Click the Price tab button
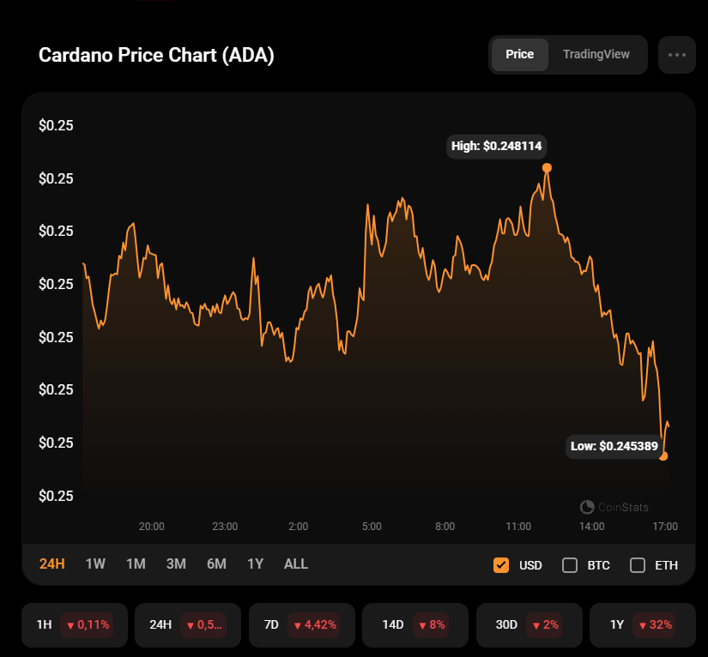[x=519, y=54]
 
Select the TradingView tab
[x=596, y=54]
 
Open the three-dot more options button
[x=676, y=55]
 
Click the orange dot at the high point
[x=547, y=168]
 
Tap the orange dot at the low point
[x=663, y=456]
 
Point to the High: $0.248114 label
[x=497, y=146]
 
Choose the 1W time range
[x=95, y=564]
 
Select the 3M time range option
[x=176, y=564]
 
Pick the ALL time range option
[x=295, y=564]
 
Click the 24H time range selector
[x=52, y=564]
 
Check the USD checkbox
[x=501, y=565]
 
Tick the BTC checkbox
[x=569, y=565]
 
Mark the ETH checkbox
[x=637, y=565]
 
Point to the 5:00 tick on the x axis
[x=372, y=526]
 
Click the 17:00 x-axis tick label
[x=665, y=526]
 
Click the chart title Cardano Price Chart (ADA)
[x=156, y=56]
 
